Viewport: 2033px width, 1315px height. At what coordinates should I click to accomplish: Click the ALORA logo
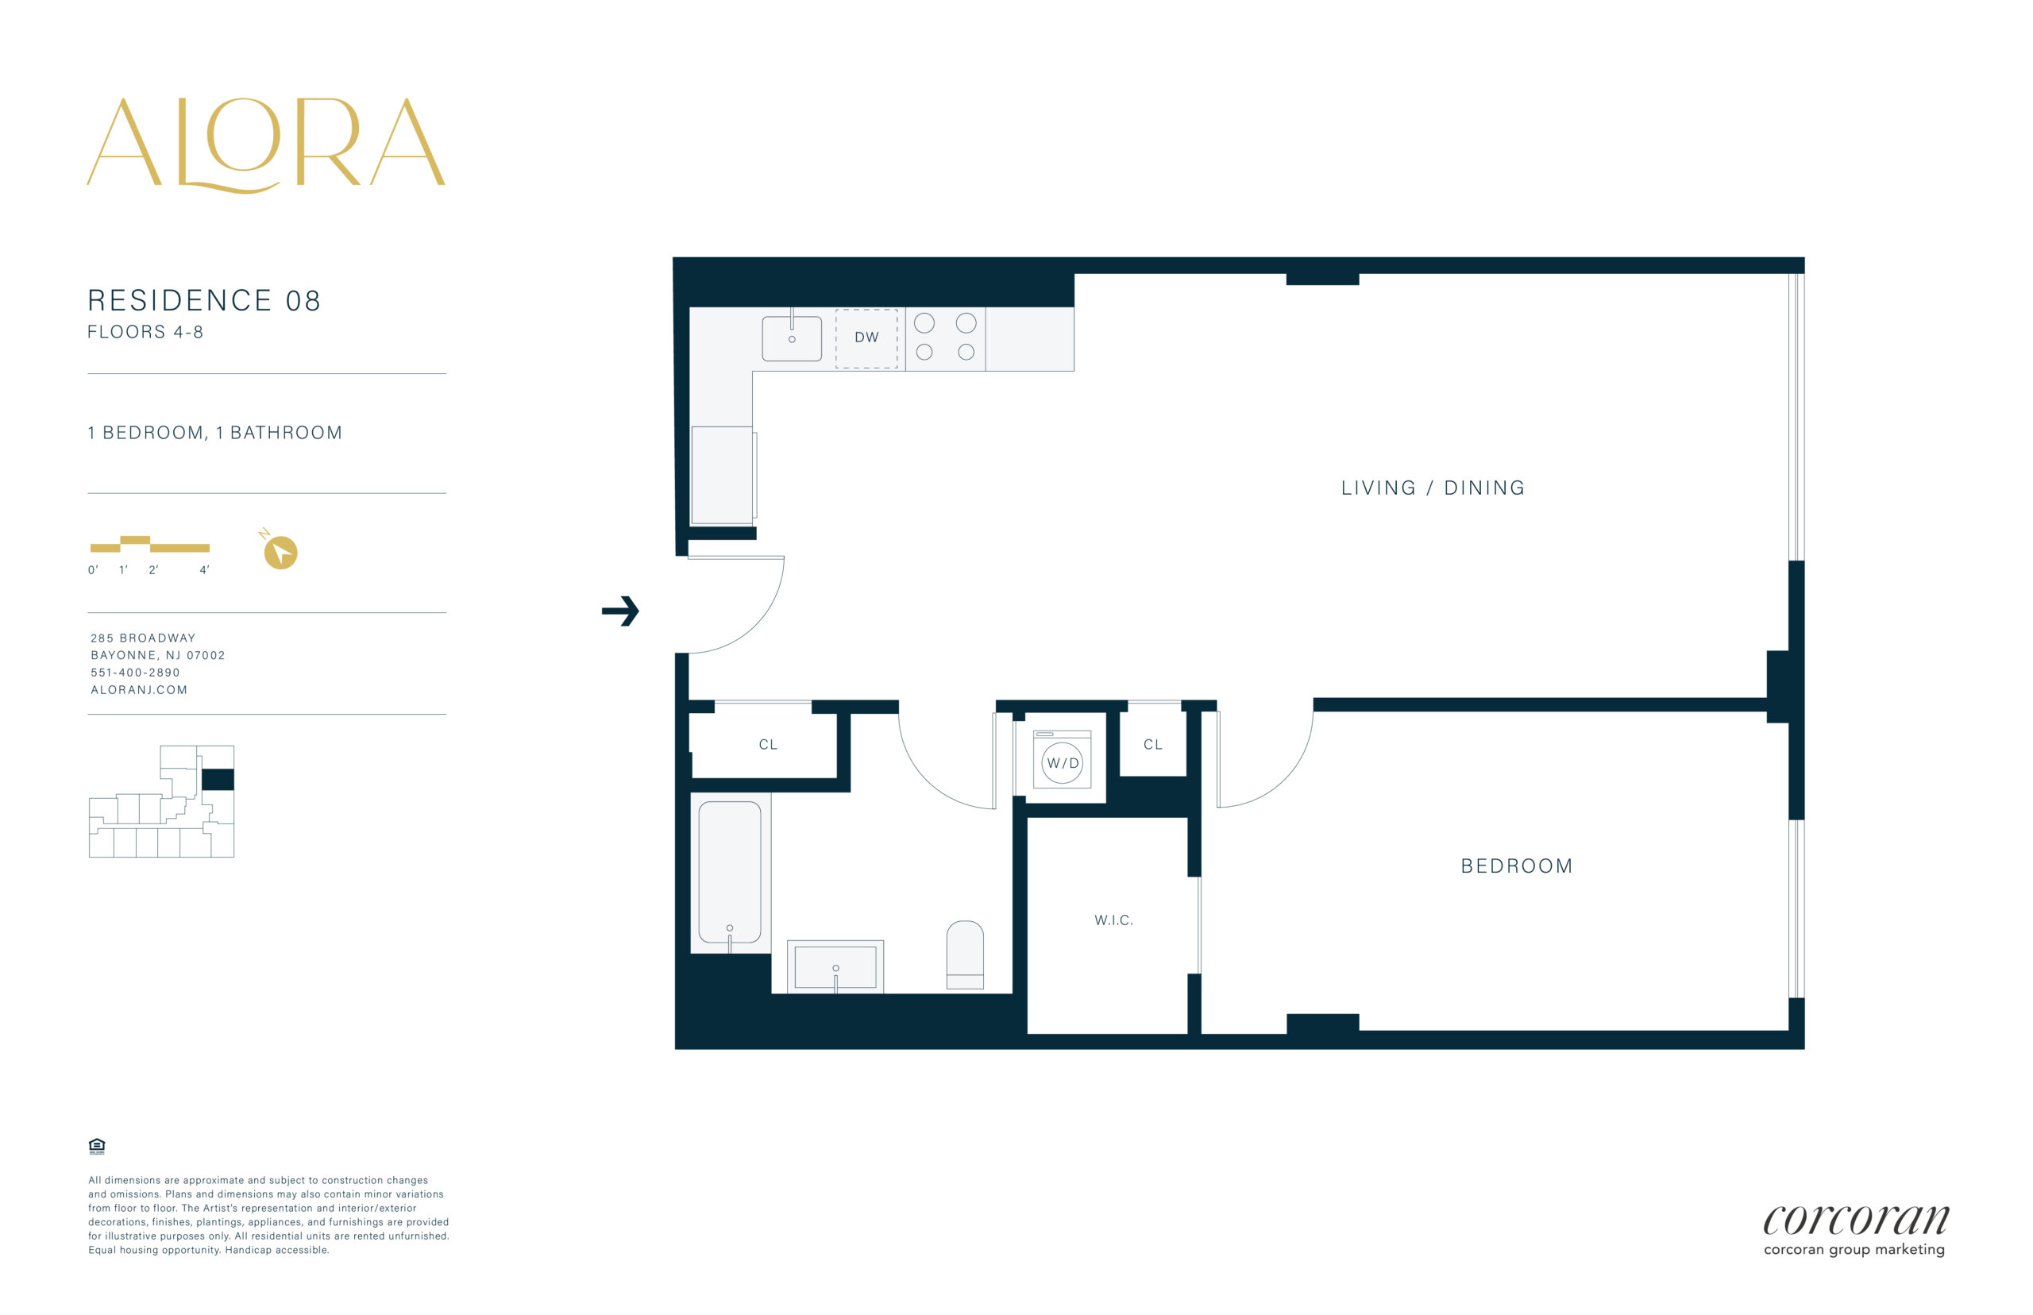(265, 145)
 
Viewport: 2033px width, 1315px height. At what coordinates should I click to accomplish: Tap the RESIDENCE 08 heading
(204, 301)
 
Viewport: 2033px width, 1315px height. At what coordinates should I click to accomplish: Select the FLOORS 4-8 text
(145, 332)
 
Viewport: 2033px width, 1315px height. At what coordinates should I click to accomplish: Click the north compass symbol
(280, 551)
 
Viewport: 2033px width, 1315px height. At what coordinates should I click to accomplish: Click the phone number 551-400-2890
(135, 673)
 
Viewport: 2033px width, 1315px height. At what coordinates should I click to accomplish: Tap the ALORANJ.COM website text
(139, 690)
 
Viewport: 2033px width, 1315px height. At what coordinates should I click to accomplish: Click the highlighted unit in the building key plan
(218, 780)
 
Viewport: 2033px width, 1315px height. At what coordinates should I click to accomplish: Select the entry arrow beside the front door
(621, 611)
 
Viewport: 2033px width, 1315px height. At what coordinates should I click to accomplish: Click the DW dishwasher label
(866, 337)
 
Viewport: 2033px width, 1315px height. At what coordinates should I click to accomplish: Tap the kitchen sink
(792, 338)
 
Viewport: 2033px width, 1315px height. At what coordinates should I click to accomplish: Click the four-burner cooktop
(945, 338)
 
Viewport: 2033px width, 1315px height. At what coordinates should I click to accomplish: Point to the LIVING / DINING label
(1433, 488)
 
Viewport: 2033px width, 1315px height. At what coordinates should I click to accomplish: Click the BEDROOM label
(1517, 866)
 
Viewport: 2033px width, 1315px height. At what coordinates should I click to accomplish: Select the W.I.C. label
(1113, 920)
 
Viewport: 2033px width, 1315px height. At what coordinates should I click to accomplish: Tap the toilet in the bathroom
(965, 955)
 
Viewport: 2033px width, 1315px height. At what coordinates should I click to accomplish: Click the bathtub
(730, 873)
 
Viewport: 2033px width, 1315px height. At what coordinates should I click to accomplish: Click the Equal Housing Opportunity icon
(96, 1146)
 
